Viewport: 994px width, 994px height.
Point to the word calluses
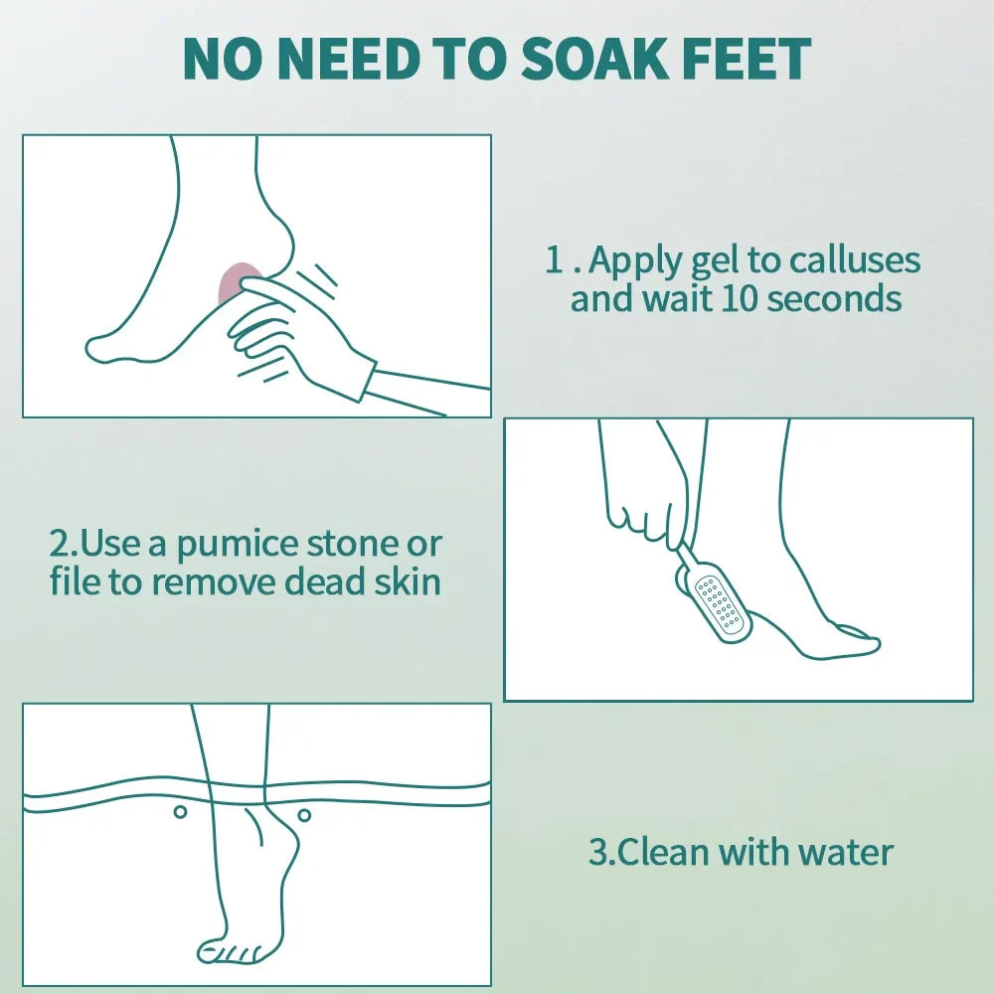pos(855,260)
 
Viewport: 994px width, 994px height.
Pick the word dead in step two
pos(327,581)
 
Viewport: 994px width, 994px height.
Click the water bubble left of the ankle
pos(180,812)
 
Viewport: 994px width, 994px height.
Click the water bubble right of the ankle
pos(304,815)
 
